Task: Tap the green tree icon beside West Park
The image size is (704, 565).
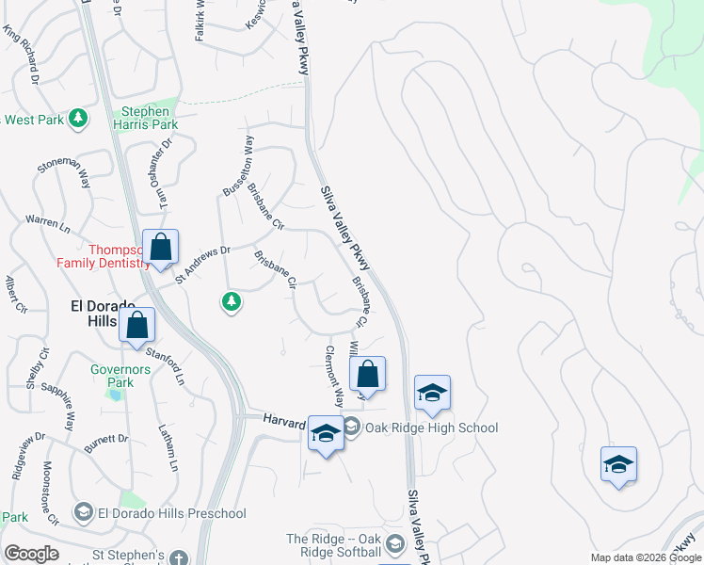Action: [x=79, y=119]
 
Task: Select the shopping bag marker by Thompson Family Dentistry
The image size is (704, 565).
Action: [x=161, y=248]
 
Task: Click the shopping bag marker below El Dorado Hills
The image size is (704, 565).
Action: [x=137, y=326]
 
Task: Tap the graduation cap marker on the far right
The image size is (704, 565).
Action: [x=618, y=465]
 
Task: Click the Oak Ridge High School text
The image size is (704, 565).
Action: [x=432, y=428]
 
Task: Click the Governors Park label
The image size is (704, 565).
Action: [x=120, y=376]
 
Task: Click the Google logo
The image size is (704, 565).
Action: [x=32, y=554]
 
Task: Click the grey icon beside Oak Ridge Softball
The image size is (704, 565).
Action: [x=395, y=544]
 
